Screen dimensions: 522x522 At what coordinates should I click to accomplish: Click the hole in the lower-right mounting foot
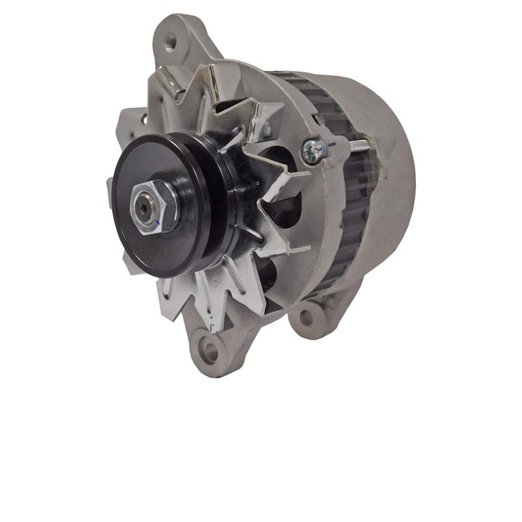point(306,316)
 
